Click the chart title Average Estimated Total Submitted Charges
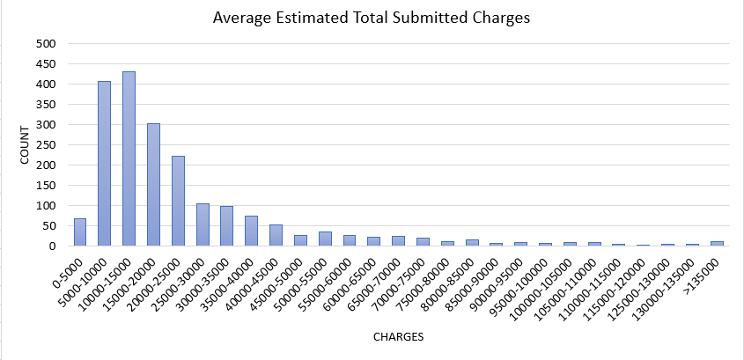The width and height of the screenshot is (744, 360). [x=372, y=18]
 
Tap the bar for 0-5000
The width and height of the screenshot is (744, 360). [x=79, y=232]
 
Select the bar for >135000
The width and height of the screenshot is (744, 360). [x=718, y=244]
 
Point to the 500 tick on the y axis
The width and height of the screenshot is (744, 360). [x=46, y=44]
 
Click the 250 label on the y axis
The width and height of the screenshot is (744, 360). [x=46, y=145]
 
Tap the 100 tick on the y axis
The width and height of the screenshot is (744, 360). [x=46, y=206]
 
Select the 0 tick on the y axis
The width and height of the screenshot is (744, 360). [x=53, y=246]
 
